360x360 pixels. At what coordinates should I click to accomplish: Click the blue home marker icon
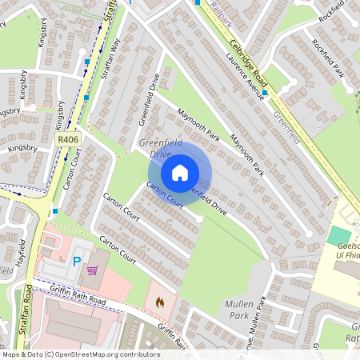click(x=180, y=173)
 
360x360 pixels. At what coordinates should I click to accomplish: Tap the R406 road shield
click(x=67, y=140)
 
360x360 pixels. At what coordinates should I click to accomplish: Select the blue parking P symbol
click(x=78, y=261)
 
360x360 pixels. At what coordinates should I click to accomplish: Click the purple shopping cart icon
click(x=94, y=270)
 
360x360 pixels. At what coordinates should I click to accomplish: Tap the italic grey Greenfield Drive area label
click(x=160, y=147)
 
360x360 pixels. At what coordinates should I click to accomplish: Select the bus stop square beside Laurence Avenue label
click(x=264, y=93)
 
